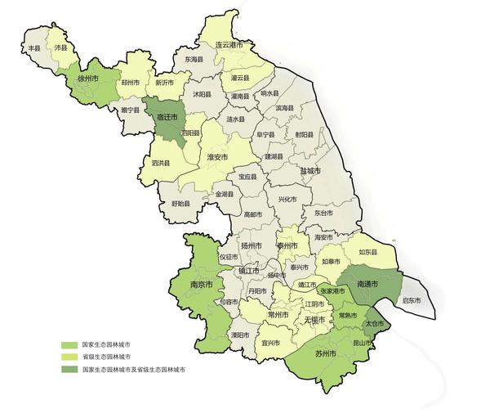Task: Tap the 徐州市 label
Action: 87,79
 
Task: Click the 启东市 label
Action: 412,301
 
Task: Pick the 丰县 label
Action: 34,49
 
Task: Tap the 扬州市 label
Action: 251,245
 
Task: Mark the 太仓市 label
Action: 374,324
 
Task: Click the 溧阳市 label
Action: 239,335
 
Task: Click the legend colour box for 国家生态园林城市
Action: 71,344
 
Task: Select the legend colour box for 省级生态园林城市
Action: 71,357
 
